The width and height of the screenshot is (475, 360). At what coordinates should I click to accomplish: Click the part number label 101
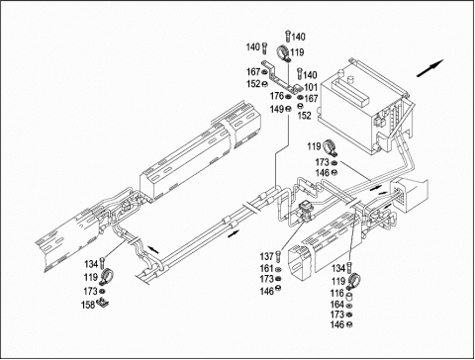coord(311,87)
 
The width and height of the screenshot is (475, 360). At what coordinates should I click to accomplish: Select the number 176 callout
coord(277,96)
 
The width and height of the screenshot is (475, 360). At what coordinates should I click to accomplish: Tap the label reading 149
coord(276,109)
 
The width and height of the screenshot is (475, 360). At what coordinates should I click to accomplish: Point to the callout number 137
coord(266,256)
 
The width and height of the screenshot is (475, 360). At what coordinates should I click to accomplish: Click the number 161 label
coord(266,268)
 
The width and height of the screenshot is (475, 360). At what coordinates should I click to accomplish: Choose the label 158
coord(88,305)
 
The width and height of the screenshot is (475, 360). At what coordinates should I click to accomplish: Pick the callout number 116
coord(336,293)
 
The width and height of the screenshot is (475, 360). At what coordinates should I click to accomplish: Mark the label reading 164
coord(336,305)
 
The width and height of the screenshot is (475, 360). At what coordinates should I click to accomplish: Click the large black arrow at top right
coord(430,68)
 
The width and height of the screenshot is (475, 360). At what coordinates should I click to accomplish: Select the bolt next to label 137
coord(279,256)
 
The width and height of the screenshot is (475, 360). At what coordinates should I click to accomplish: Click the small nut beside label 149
coord(288,109)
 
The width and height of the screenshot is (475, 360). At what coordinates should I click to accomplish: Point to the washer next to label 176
coord(288,97)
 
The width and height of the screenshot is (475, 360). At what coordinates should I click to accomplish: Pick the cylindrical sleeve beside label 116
coord(350,295)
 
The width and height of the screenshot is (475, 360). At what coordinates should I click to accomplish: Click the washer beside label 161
coord(278,270)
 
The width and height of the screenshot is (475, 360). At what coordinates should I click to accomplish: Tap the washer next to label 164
coord(349,306)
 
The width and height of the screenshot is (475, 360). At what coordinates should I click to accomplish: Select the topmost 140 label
coord(298,37)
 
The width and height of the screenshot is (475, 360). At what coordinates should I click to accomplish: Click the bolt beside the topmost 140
coord(288,36)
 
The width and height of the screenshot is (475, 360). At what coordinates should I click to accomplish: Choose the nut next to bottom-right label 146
coord(349,324)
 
